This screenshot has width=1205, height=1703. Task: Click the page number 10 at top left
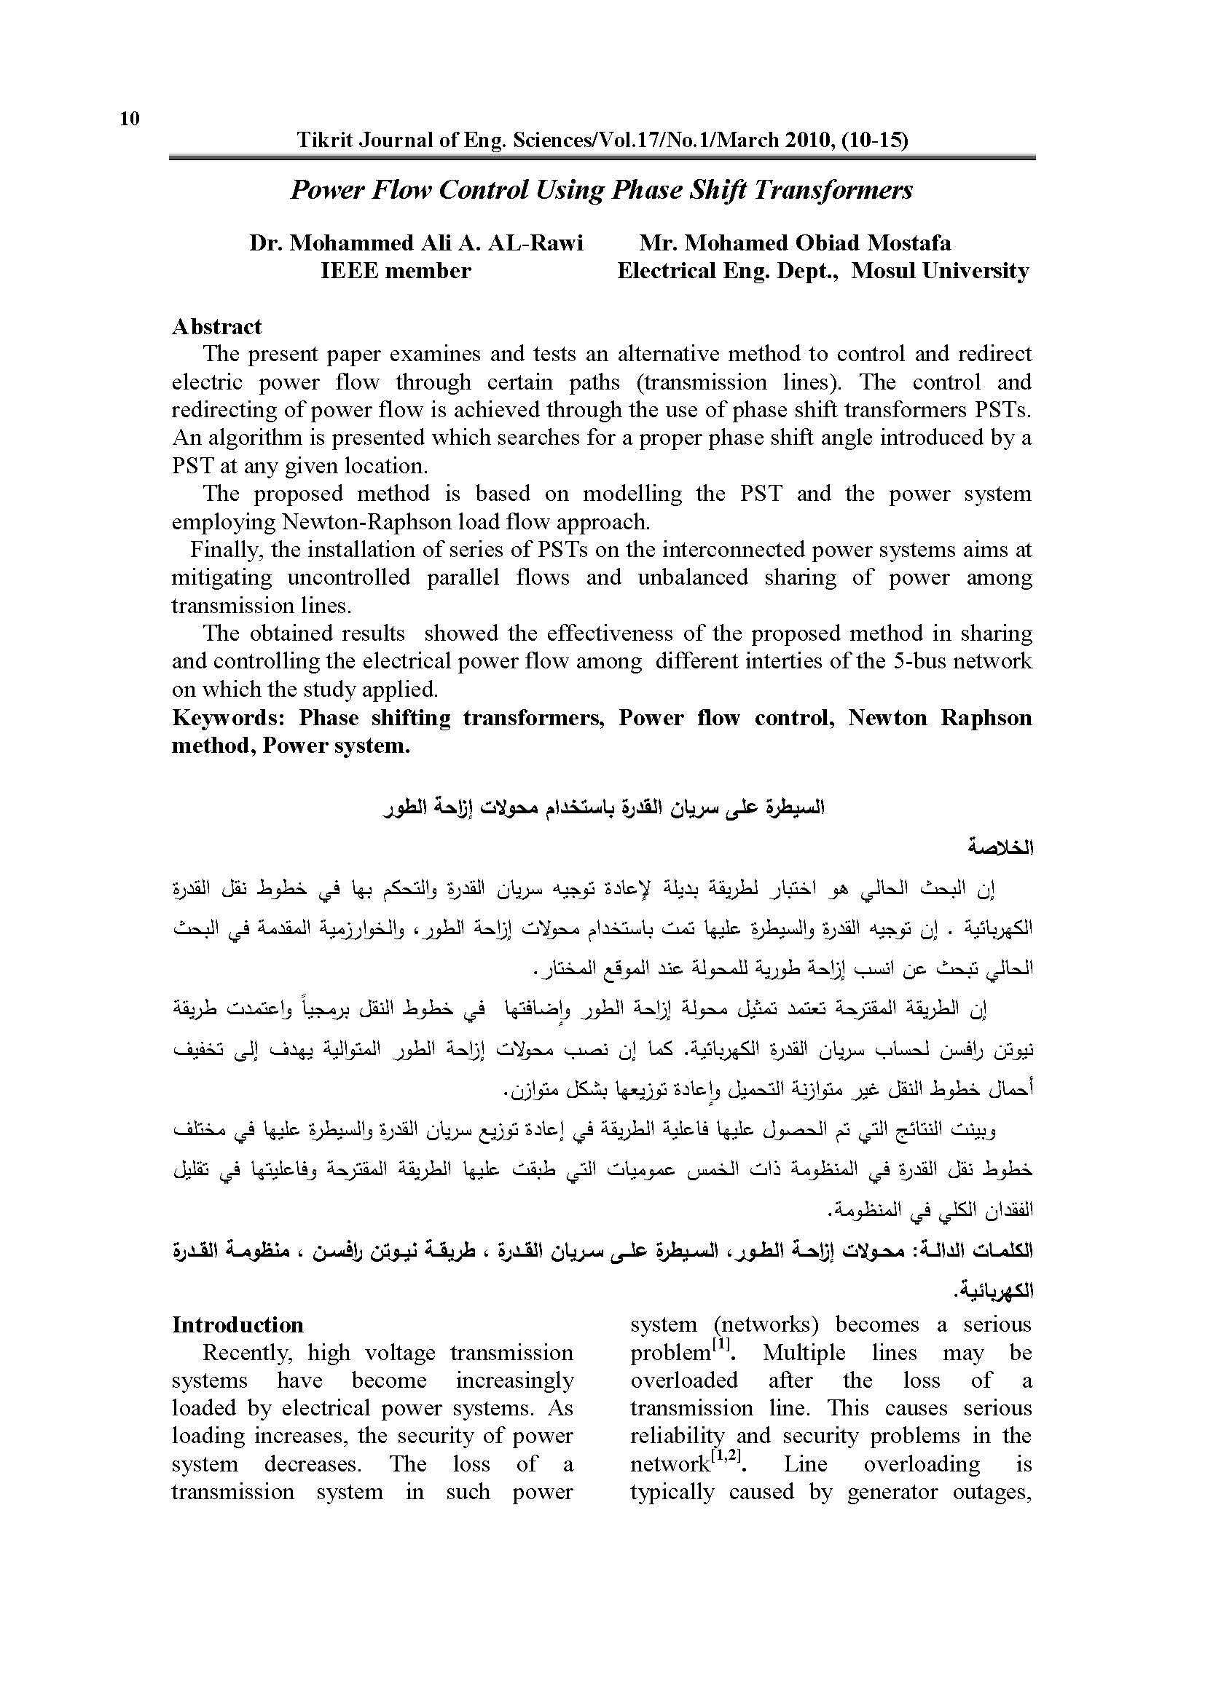click(x=129, y=119)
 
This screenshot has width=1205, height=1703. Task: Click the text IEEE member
click(x=396, y=271)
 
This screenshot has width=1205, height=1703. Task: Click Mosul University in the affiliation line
click(x=940, y=271)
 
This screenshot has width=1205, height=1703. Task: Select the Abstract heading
click(x=216, y=327)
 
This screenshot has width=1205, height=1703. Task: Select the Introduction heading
click(x=238, y=1325)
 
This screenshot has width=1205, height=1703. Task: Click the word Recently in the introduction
click(x=248, y=1353)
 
